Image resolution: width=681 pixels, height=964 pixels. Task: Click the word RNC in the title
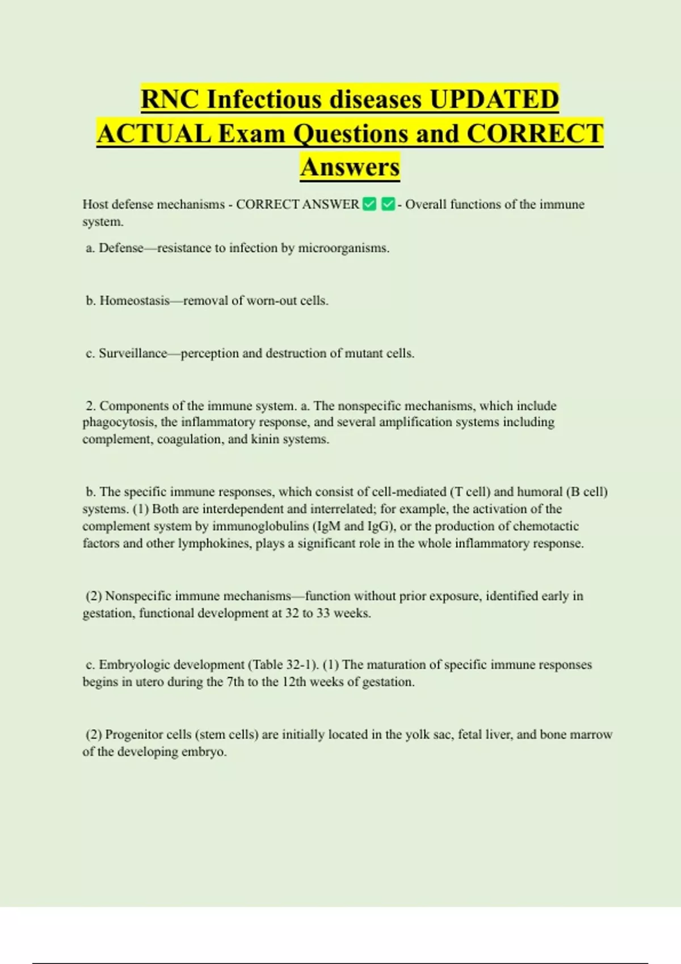point(170,99)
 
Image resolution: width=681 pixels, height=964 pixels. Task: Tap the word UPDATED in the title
point(494,99)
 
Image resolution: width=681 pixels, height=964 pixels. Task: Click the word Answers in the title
point(350,167)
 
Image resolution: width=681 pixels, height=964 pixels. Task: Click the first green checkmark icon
point(369,204)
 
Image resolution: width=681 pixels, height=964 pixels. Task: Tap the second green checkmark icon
point(388,204)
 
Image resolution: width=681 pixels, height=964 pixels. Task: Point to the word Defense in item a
point(120,248)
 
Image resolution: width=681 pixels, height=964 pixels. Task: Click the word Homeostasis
point(134,301)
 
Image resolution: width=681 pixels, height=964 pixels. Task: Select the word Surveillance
point(133,353)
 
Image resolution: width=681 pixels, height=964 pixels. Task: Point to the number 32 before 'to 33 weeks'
point(292,613)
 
